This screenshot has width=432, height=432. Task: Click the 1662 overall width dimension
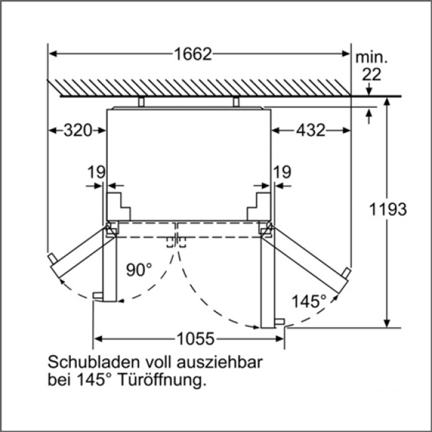pos(193,54)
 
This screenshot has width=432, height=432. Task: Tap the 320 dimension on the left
pos(78,130)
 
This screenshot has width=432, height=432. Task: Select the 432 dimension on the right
pos(310,130)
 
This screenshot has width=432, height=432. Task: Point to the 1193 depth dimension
pos(387,209)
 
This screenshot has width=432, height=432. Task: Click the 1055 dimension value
pos(195,338)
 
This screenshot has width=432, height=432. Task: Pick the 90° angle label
pos(139,269)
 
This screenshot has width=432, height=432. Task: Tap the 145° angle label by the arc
pos(309,301)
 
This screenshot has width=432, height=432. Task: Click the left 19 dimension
pos(96,172)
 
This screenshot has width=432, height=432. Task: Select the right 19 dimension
pos(282,172)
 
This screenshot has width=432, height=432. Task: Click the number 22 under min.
pos(372,74)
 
